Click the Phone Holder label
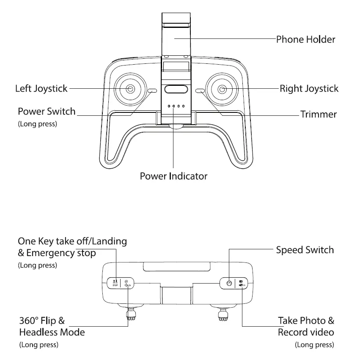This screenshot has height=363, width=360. coord(305,40)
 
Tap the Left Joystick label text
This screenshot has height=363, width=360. coord(41,89)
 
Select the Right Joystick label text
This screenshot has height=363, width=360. coord(309,89)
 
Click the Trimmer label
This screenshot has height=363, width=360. coord(318,114)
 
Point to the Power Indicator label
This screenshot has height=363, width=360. coord(173,176)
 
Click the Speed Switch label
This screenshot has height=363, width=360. coord(305,250)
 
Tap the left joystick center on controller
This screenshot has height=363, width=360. coord(129,89)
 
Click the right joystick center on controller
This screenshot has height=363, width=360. coord(222,89)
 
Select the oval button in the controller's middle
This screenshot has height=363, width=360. coord(176,89)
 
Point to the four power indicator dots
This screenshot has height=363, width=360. coord(176,106)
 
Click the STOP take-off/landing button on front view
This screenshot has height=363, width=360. coord(115,283)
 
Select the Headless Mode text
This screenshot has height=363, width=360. coord(52,332)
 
